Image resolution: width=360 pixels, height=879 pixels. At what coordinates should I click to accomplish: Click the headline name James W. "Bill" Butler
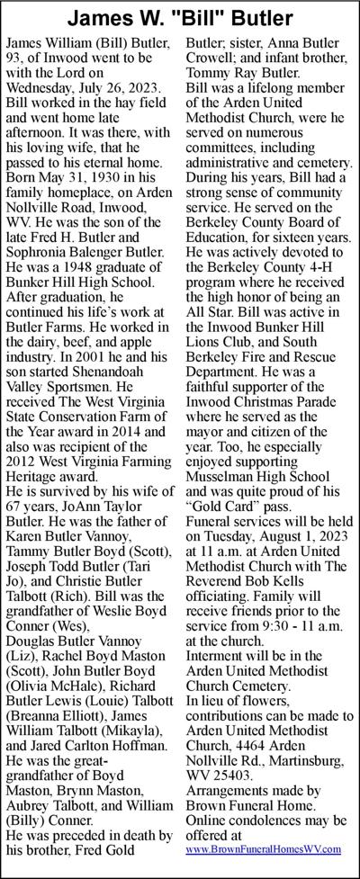click(x=180, y=18)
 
